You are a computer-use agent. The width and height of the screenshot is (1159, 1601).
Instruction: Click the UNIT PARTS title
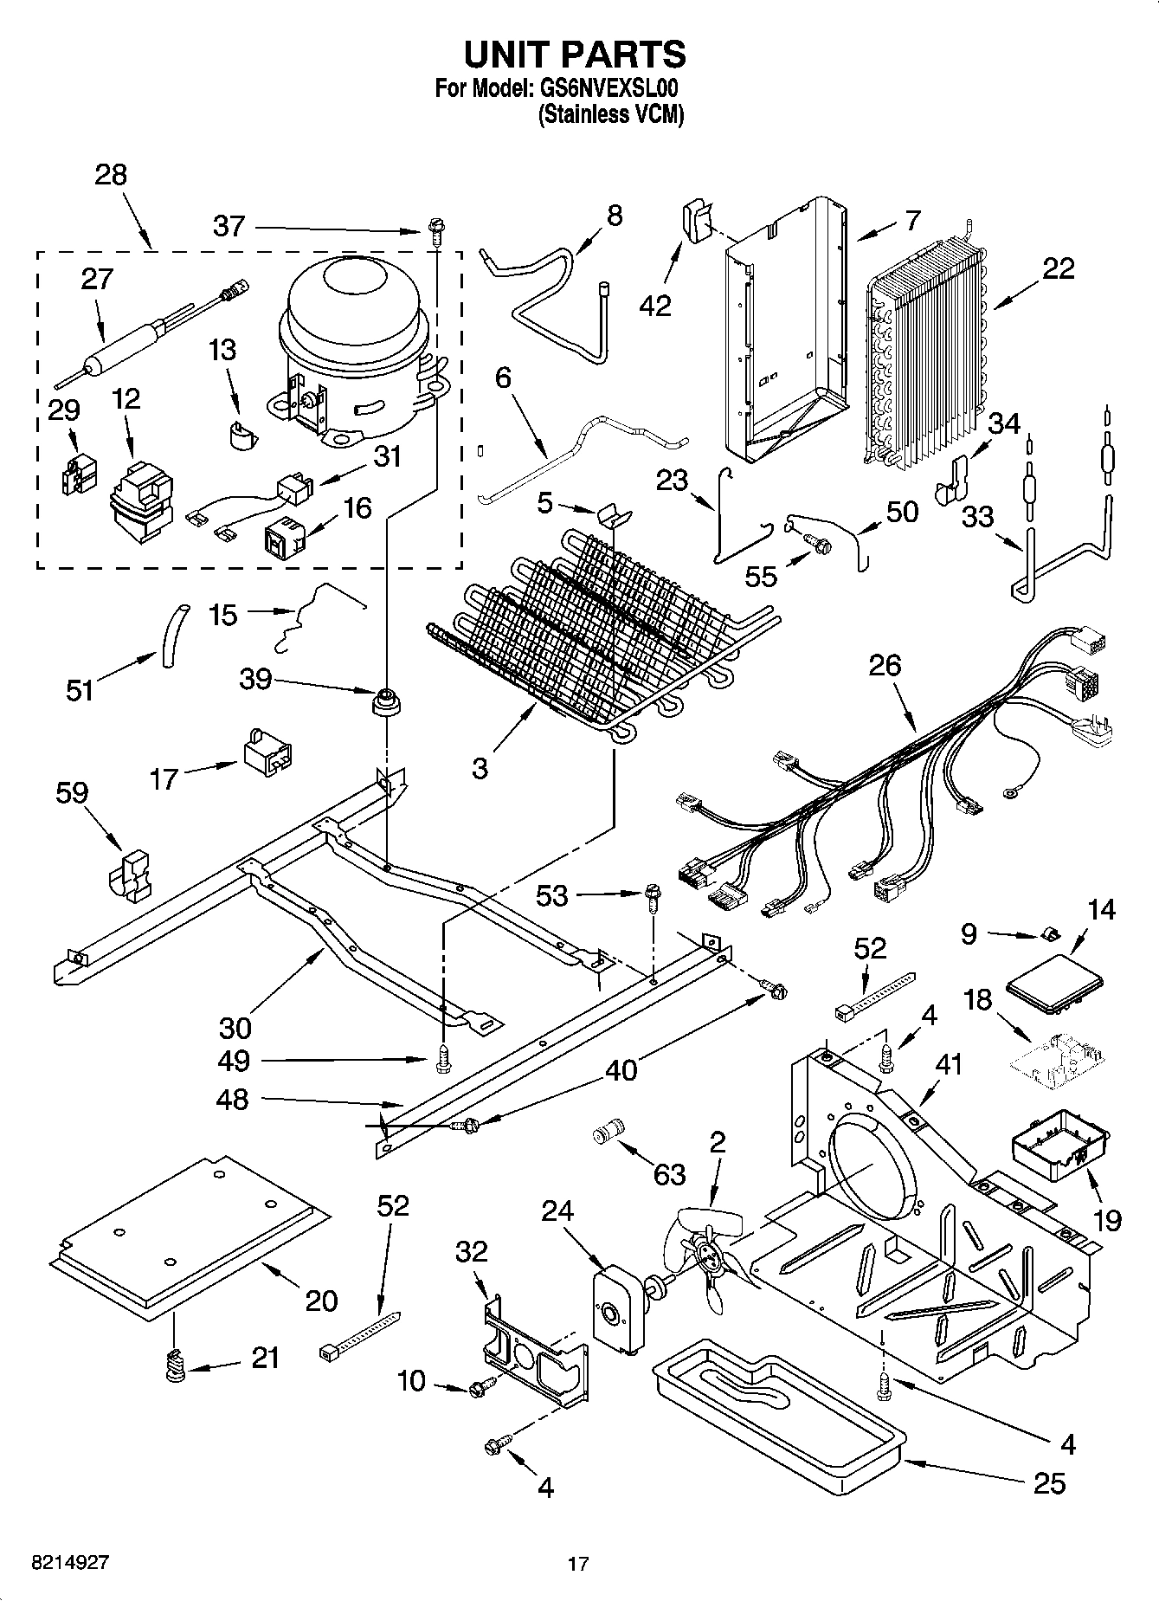click(x=575, y=54)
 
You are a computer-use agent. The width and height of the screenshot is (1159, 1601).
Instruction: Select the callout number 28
click(x=111, y=175)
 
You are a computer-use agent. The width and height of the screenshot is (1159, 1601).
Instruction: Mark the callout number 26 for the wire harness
click(x=885, y=666)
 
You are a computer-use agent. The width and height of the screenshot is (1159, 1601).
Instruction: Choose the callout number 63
click(x=670, y=1174)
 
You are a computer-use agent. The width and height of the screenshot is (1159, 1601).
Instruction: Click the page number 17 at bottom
click(x=578, y=1564)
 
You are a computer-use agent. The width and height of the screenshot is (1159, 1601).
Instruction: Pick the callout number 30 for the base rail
click(x=235, y=1028)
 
